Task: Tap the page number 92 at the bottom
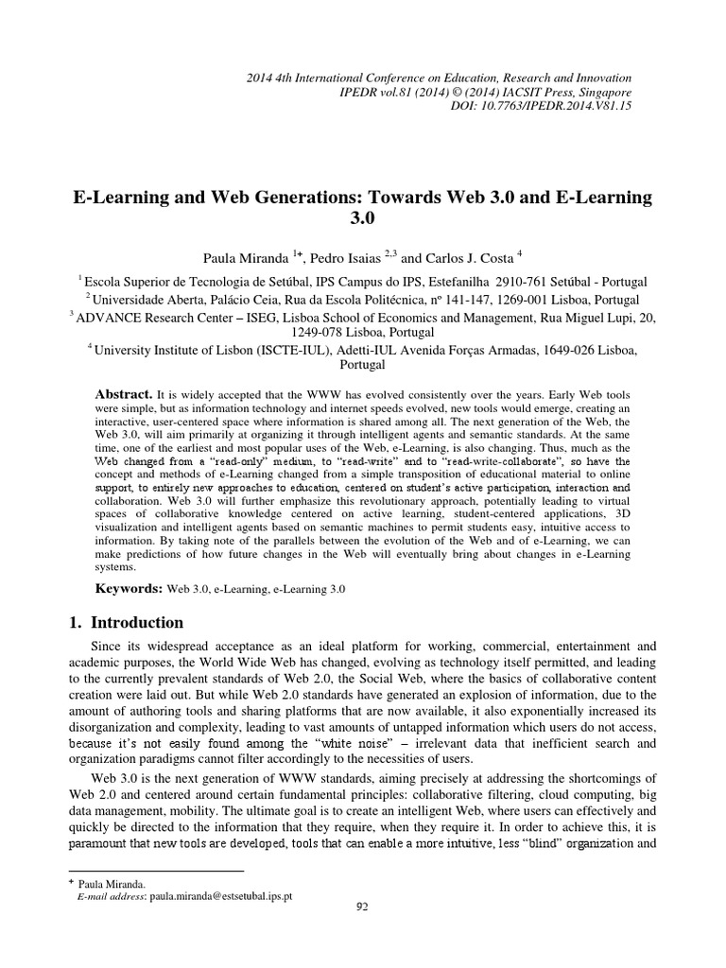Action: pos(362,935)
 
